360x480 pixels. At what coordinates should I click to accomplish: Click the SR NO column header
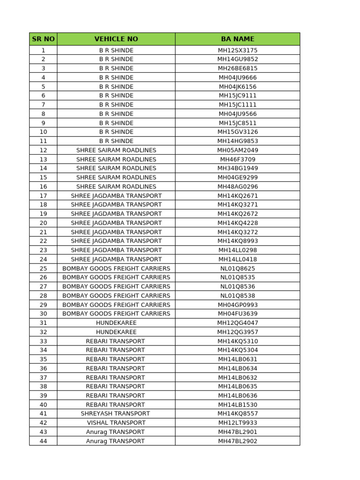point(43,39)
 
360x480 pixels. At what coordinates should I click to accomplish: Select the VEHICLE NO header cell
point(116,39)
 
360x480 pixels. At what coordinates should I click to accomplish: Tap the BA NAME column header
point(238,39)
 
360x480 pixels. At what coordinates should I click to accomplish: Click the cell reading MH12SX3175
point(238,50)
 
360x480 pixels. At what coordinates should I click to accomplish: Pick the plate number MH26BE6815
point(238,68)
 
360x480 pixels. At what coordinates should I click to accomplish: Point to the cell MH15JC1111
point(238,105)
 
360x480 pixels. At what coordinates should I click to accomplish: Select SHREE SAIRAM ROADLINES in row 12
point(116,150)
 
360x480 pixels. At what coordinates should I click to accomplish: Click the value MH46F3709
point(238,159)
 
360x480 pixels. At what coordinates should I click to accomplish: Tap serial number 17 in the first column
point(43,195)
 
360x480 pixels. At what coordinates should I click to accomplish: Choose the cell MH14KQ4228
point(238,223)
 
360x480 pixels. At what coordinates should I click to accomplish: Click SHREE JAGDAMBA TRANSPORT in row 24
point(116,259)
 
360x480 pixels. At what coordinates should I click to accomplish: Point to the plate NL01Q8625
point(238,269)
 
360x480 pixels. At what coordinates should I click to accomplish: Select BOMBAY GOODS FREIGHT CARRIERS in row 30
point(116,314)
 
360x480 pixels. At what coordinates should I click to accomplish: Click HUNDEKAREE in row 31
point(116,323)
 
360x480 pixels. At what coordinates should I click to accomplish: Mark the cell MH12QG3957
point(238,332)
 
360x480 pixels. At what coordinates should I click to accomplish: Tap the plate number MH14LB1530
point(238,405)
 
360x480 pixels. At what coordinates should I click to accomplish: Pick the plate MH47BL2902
point(238,441)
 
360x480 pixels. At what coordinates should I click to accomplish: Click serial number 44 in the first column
point(43,441)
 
